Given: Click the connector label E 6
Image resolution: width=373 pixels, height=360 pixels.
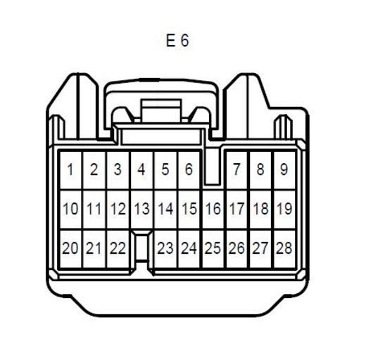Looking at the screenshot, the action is point(177,40).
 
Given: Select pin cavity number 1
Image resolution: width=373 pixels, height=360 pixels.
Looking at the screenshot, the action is point(70,170).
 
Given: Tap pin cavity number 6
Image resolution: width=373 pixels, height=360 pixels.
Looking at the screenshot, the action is point(189,170).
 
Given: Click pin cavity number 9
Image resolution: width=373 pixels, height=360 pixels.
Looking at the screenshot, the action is point(284,170).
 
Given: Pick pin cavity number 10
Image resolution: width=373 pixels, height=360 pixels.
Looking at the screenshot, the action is point(70,210).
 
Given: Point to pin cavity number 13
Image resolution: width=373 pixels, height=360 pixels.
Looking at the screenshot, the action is point(141,210).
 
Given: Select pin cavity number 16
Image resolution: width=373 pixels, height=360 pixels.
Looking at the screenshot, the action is point(213,210).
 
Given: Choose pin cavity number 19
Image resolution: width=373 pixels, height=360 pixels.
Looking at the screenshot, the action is point(284,210).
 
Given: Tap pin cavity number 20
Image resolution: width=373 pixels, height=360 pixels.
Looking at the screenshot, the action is point(70,248).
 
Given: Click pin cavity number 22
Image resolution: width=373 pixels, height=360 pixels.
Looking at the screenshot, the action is point(118,248).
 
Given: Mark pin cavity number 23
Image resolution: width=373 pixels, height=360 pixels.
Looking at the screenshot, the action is point(165,248).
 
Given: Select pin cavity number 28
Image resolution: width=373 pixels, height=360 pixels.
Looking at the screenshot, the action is point(284,248).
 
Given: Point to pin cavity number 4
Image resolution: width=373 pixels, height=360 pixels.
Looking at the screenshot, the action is point(141,170).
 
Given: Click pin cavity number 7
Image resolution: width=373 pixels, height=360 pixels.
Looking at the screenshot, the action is point(236,170).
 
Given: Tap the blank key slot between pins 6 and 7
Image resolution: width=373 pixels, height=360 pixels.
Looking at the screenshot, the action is point(213,167).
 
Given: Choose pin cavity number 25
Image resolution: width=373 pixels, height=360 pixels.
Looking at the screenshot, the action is point(213,248).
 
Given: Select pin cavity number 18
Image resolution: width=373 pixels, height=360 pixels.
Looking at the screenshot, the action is point(261,210).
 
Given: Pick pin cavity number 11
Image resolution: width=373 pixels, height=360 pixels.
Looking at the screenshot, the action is point(94,210).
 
